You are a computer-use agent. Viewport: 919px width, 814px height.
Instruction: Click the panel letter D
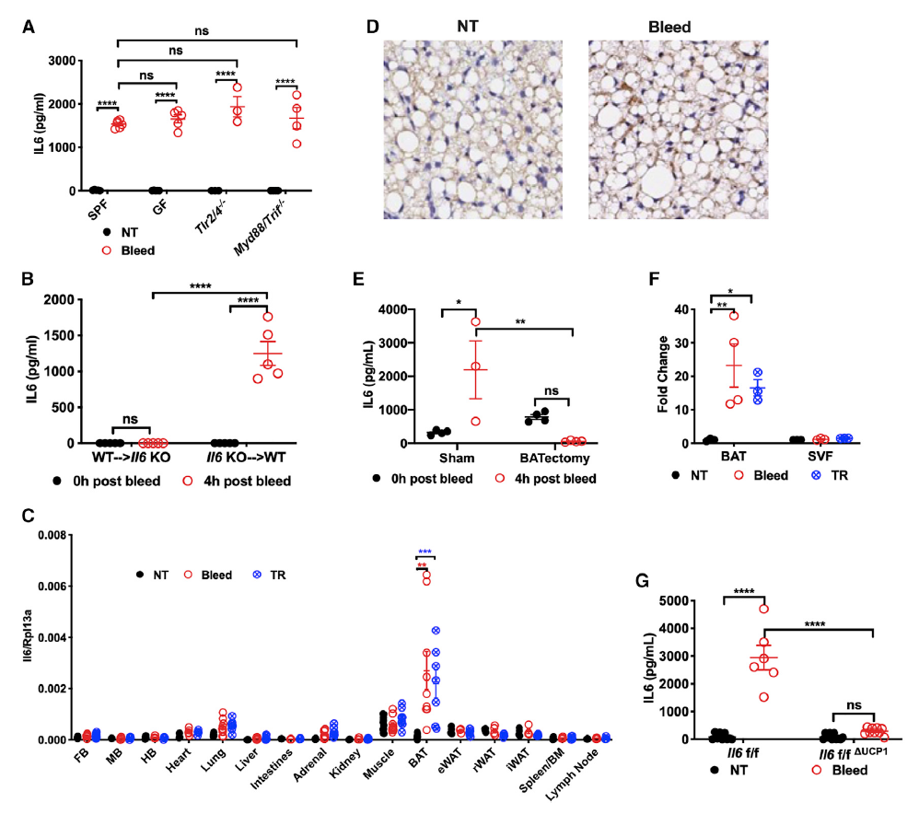point(372,27)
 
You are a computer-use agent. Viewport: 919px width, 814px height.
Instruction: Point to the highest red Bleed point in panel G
point(763,609)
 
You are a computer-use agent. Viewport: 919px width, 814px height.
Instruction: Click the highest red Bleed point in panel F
point(733,316)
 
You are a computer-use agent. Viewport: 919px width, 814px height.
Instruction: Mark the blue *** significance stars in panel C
point(425,552)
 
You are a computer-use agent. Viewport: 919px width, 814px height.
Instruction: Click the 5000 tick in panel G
point(679,601)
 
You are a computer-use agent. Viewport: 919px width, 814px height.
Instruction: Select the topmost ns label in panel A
point(203,30)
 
